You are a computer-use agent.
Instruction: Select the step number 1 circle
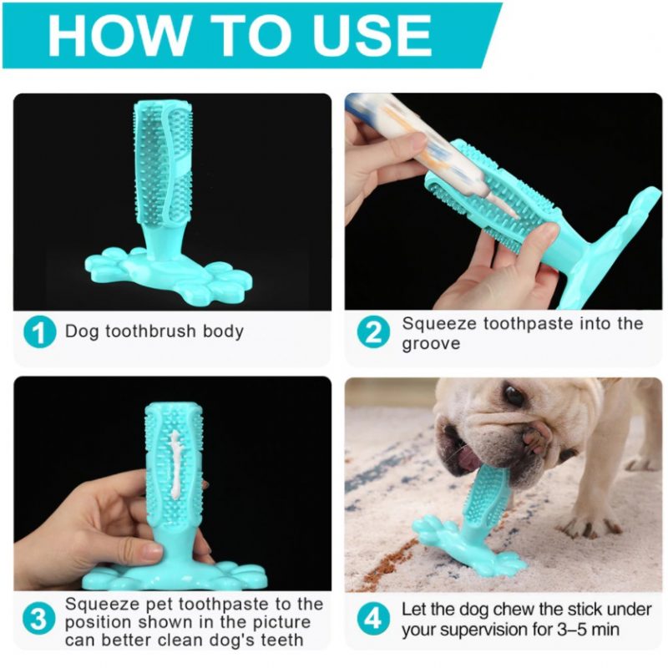[40, 332]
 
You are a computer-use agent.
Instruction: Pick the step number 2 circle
[373, 332]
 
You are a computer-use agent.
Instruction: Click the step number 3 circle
[38, 619]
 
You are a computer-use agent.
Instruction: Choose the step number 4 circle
[373, 619]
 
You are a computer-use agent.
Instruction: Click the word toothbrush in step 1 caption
[151, 331]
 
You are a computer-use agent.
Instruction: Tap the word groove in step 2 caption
[431, 344]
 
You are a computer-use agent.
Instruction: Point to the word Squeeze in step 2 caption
[439, 324]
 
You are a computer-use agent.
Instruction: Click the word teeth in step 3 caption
[281, 640]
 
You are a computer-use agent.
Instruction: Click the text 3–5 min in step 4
[589, 630]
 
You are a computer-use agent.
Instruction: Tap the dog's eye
[514, 395]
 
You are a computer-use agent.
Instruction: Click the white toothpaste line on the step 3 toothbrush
[175, 463]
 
